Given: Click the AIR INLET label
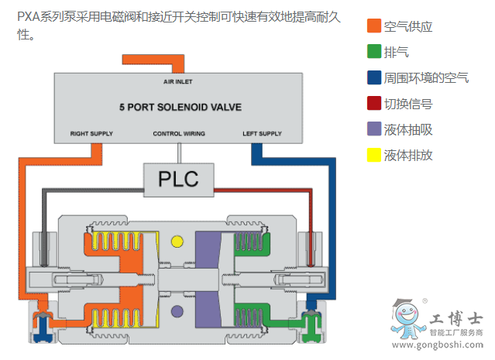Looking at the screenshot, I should [179, 80].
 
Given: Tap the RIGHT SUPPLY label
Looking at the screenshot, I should [91, 133].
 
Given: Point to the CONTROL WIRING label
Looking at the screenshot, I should [179, 133].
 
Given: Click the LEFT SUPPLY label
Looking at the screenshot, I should [262, 133].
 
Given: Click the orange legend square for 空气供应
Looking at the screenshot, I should [374, 26].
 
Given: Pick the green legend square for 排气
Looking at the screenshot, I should [374, 52].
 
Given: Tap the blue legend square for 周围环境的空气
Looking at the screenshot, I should [374, 77].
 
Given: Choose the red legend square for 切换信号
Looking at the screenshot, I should [374, 103].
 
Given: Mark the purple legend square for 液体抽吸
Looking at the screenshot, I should [374, 129].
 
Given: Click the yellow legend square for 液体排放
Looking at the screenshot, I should [374, 154].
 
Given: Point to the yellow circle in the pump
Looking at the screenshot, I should [177, 242].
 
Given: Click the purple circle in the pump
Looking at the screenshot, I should [177, 311].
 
